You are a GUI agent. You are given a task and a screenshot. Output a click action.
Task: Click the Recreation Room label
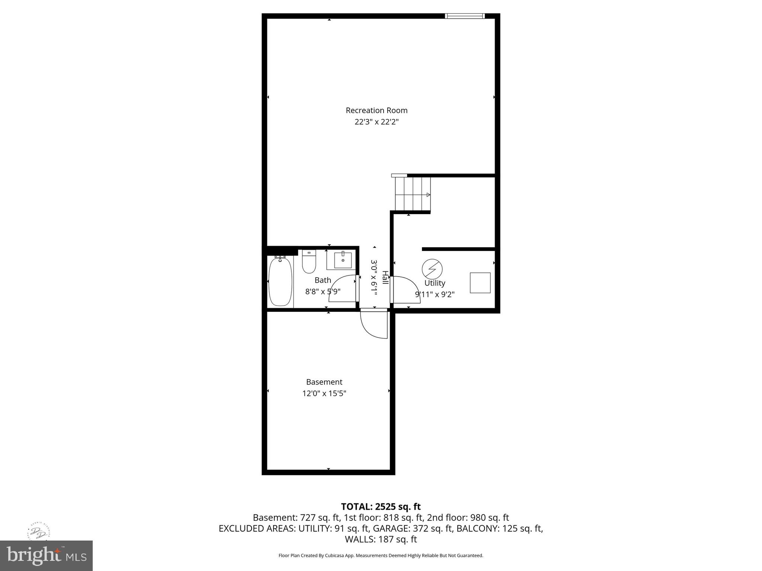pos(377,110)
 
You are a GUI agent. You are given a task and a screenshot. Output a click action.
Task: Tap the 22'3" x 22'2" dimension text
pos(377,122)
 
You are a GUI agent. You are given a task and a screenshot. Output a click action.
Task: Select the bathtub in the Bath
pos(280,282)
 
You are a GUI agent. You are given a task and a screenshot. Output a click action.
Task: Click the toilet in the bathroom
pos(309,262)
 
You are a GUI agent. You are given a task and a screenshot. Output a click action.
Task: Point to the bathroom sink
pos(343,260)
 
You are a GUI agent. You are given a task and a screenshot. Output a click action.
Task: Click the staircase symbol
pos(413,194)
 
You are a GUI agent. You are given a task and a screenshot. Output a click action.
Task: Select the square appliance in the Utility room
pos(480,283)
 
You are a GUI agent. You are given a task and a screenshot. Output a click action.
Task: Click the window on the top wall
pos(465,16)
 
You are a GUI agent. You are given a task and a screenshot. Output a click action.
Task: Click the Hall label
pos(385,278)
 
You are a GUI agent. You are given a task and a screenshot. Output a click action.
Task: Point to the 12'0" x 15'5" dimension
pos(324,393)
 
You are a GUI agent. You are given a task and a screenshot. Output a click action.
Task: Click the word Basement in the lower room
pos(324,382)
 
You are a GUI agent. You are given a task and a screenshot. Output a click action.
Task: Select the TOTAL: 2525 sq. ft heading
pos(381,506)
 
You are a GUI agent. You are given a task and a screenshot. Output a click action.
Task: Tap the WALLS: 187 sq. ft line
pos(381,539)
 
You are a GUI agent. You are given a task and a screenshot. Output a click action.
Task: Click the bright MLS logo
pos(46,555)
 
